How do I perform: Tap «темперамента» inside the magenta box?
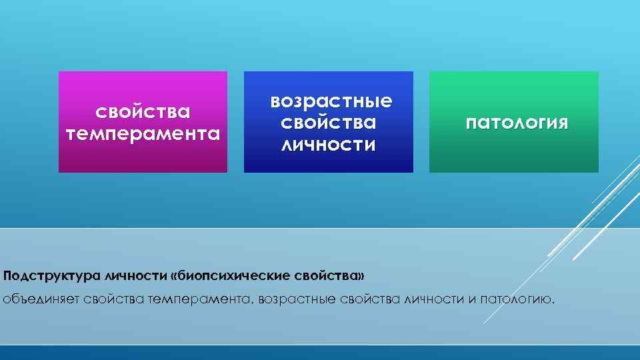click(143, 133)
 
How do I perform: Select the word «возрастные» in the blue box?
click(331, 101)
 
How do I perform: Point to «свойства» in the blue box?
click(329, 123)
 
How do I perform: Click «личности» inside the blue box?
click(329, 144)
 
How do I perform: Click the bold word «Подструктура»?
click(44, 275)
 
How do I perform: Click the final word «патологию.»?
click(515, 299)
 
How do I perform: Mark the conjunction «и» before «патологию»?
click(470, 299)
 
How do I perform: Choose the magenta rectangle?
click(143, 160)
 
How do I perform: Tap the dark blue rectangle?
click(328, 163)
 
